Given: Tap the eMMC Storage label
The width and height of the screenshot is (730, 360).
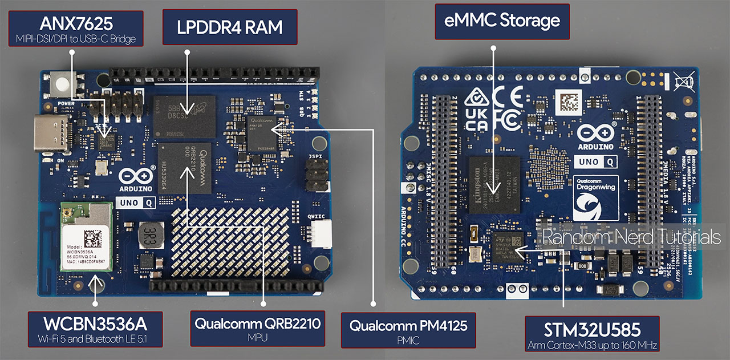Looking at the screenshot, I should click(x=502, y=22).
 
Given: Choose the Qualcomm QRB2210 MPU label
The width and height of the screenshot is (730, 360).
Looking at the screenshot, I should click(x=257, y=329).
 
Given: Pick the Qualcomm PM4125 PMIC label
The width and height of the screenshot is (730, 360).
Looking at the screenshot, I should click(x=408, y=330).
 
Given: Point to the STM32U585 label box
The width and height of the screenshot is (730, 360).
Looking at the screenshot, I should click(x=591, y=333).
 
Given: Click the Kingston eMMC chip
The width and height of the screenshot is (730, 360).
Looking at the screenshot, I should click(x=494, y=184).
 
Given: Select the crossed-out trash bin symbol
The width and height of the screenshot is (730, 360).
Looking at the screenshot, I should click(x=684, y=82).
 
